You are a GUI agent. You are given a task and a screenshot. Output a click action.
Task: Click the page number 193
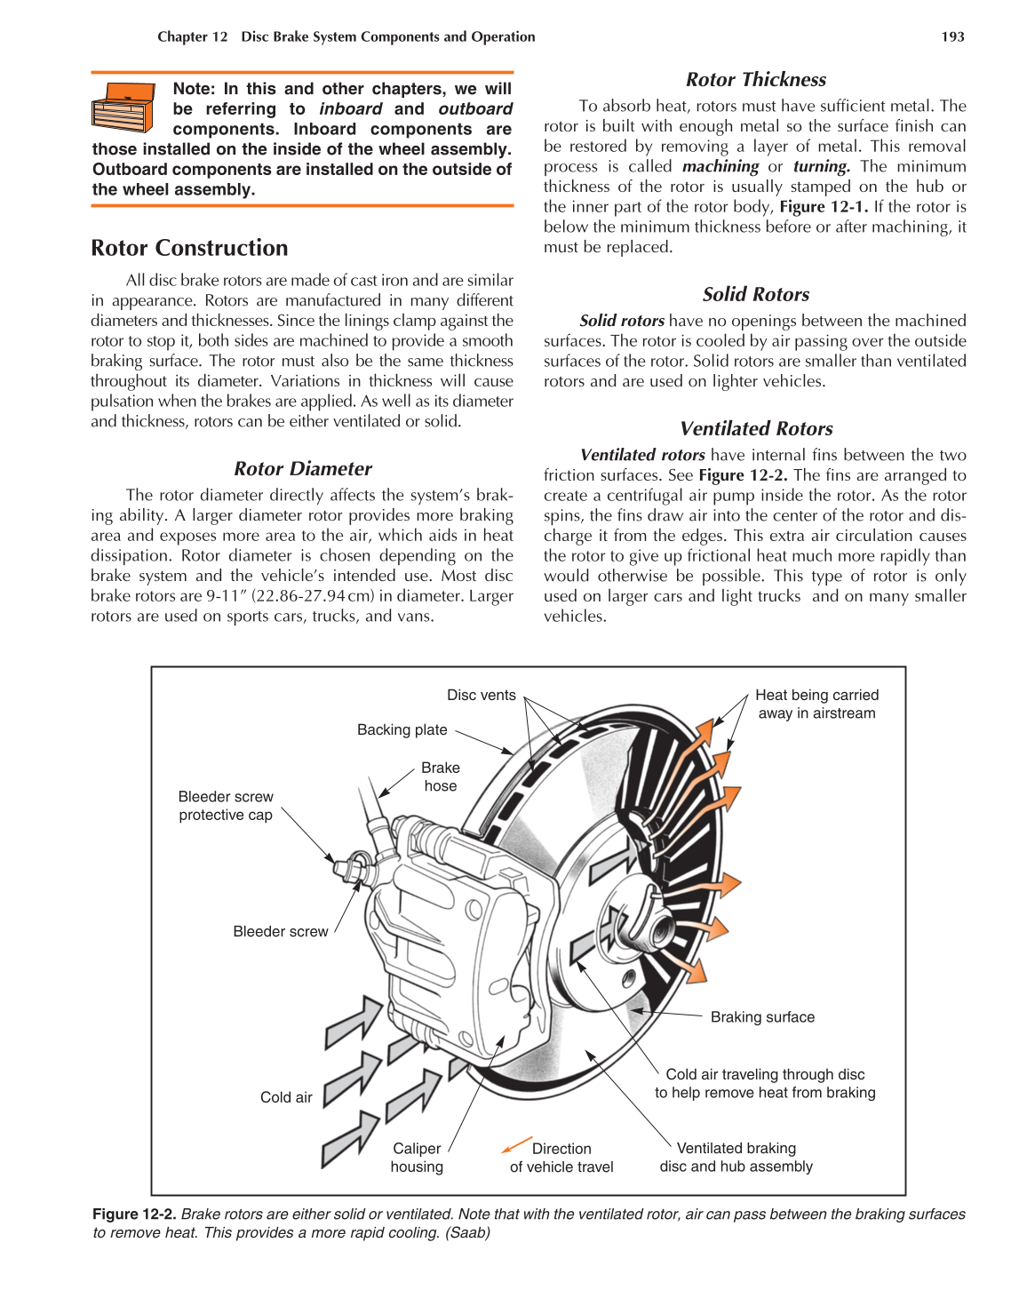click(x=952, y=36)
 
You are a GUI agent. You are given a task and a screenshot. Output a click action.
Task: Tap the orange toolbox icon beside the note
click(x=123, y=108)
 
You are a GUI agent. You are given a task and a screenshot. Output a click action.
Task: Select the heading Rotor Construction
click(x=189, y=248)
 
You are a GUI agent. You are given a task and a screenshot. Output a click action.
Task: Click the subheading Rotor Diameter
click(x=302, y=468)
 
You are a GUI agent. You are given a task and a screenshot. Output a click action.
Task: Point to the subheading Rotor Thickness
click(x=755, y=79)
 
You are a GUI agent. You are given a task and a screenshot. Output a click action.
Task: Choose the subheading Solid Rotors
click(x=755, y=294)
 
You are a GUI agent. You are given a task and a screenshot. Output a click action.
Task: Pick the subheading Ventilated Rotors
click(x=755, y=428)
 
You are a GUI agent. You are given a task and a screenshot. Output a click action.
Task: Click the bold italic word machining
click(x=720, y=166)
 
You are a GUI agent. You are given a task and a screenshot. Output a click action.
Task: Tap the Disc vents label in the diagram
click(x=481, y=695)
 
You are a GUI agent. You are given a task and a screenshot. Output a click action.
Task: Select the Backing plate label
click(x=402, y=729)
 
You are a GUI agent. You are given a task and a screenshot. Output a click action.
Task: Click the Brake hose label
click(x=440, y=776)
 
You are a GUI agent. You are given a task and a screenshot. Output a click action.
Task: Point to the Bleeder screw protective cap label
click(x=226, y=806)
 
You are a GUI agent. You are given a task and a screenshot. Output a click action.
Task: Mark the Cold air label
click(x=286, y=1097)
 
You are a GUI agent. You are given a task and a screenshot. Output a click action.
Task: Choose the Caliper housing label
click(x=417, y=1158)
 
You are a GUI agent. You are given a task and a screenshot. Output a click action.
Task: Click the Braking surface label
click(x=762, y=1017)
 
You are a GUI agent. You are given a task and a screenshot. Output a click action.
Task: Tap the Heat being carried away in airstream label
click(x=816, y=704)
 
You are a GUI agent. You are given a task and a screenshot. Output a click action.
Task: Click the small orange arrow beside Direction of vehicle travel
click(x=516, y=1144)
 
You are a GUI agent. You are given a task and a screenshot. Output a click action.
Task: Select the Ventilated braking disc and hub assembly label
click(x=736, y=1158)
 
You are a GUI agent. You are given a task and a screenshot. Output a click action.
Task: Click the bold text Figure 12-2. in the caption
click(x=134, y=1214)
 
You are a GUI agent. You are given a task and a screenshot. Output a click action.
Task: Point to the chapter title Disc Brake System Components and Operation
click(x=388, y=36)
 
